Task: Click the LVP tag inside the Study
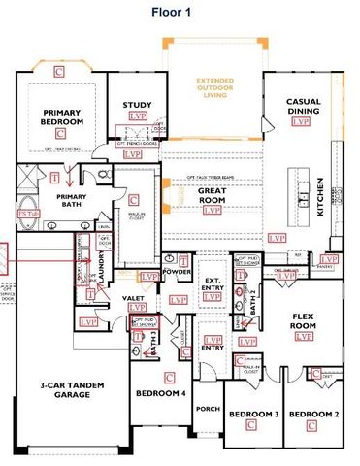(137, 117)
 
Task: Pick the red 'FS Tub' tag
(26, 211)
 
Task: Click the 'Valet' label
(134, 299)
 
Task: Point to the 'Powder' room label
(177, 271)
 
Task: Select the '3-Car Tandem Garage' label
(64, 389)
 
